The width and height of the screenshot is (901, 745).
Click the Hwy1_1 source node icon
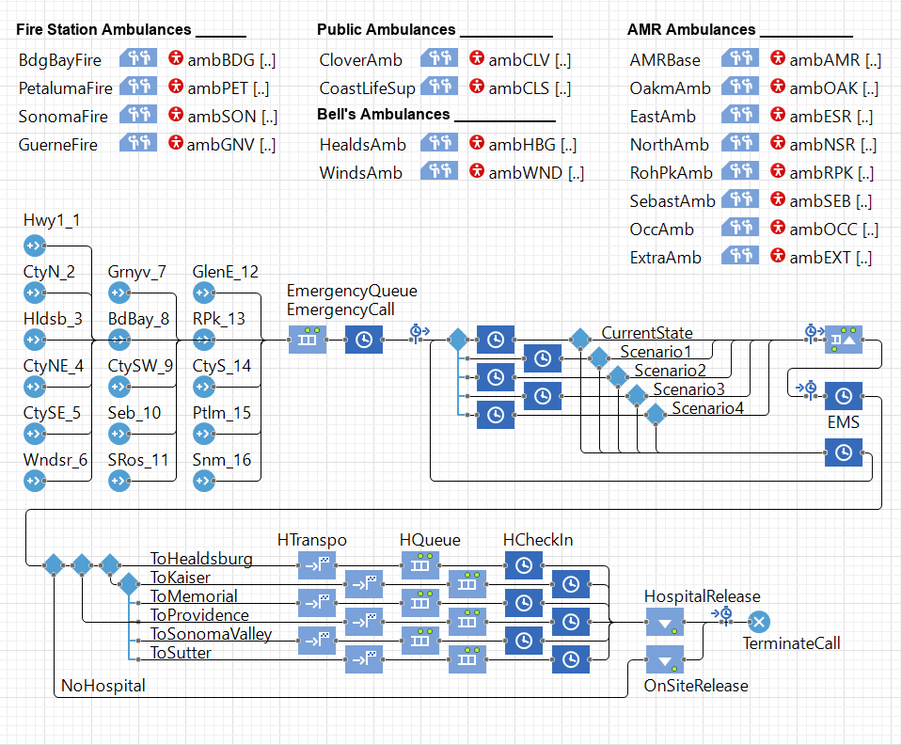tap(35, 246)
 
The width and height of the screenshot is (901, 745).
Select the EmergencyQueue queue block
tap(307, 340)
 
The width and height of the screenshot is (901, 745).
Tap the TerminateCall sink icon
tap(760, 622)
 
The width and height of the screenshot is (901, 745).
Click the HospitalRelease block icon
tap(664, 622)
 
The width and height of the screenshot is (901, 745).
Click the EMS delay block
tap(844, 396)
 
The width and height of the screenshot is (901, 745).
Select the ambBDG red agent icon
tap(175, 59)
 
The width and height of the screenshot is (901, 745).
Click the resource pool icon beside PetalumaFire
tap(138, 87)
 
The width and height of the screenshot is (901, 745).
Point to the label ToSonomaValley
tap(211, 634)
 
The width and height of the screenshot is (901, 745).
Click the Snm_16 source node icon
tap(204, 481)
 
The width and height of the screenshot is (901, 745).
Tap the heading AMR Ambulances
tap(691, 30)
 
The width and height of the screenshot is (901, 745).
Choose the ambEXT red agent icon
tap(777, 257)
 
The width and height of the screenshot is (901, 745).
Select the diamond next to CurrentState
tap(580, 340)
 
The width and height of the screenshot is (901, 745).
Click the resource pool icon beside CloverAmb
tap(439, 59)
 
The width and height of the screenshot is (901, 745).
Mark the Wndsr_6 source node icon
tap(35, 481)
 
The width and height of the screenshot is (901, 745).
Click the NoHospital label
tap(103, 686)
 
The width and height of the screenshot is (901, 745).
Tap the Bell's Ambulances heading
tap(384, 115)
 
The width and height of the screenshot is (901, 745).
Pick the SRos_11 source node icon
tap(119, 481)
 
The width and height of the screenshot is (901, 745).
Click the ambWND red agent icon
tap(476, 172)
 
